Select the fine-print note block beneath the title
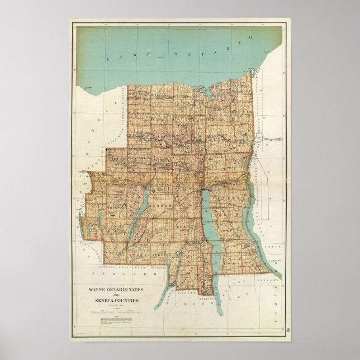(117, 318)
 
